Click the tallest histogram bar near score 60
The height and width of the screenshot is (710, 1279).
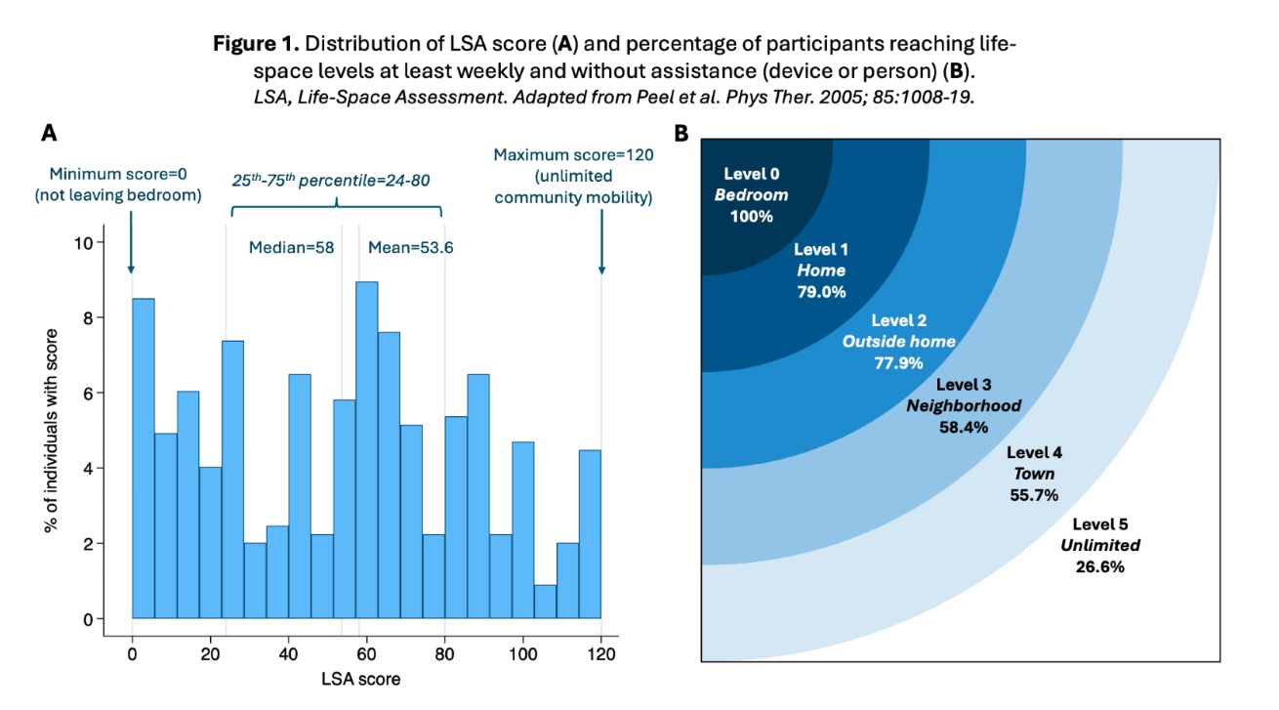[x=366, y=449]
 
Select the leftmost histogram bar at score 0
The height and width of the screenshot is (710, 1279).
[x=143, y=458]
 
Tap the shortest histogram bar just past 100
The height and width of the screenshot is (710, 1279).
[x=546, y=601]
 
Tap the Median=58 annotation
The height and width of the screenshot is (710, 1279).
[x=293, y=248]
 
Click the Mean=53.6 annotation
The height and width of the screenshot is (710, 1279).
[x=410, y=248]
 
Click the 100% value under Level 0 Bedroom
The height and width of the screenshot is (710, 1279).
[x=751, y=216]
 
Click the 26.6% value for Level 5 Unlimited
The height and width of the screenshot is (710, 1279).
[x=1100, y=565]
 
